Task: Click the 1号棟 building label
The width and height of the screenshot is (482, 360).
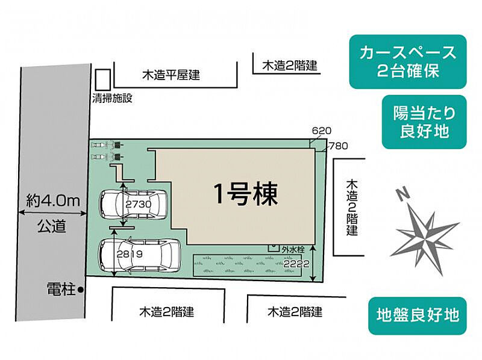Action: (x=245, y=194)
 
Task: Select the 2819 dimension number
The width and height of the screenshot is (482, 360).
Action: (x=130, y=254)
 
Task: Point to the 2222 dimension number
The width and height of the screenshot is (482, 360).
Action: (x=296, y=263)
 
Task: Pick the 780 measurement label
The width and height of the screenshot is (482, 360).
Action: (x=338, y=145)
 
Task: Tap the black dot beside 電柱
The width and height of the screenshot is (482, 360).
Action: (x=81, y=290)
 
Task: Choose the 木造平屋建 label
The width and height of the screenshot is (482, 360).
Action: (x=171, y=76)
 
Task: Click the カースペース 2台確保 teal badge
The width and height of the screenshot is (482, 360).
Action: (x=408, y=61)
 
